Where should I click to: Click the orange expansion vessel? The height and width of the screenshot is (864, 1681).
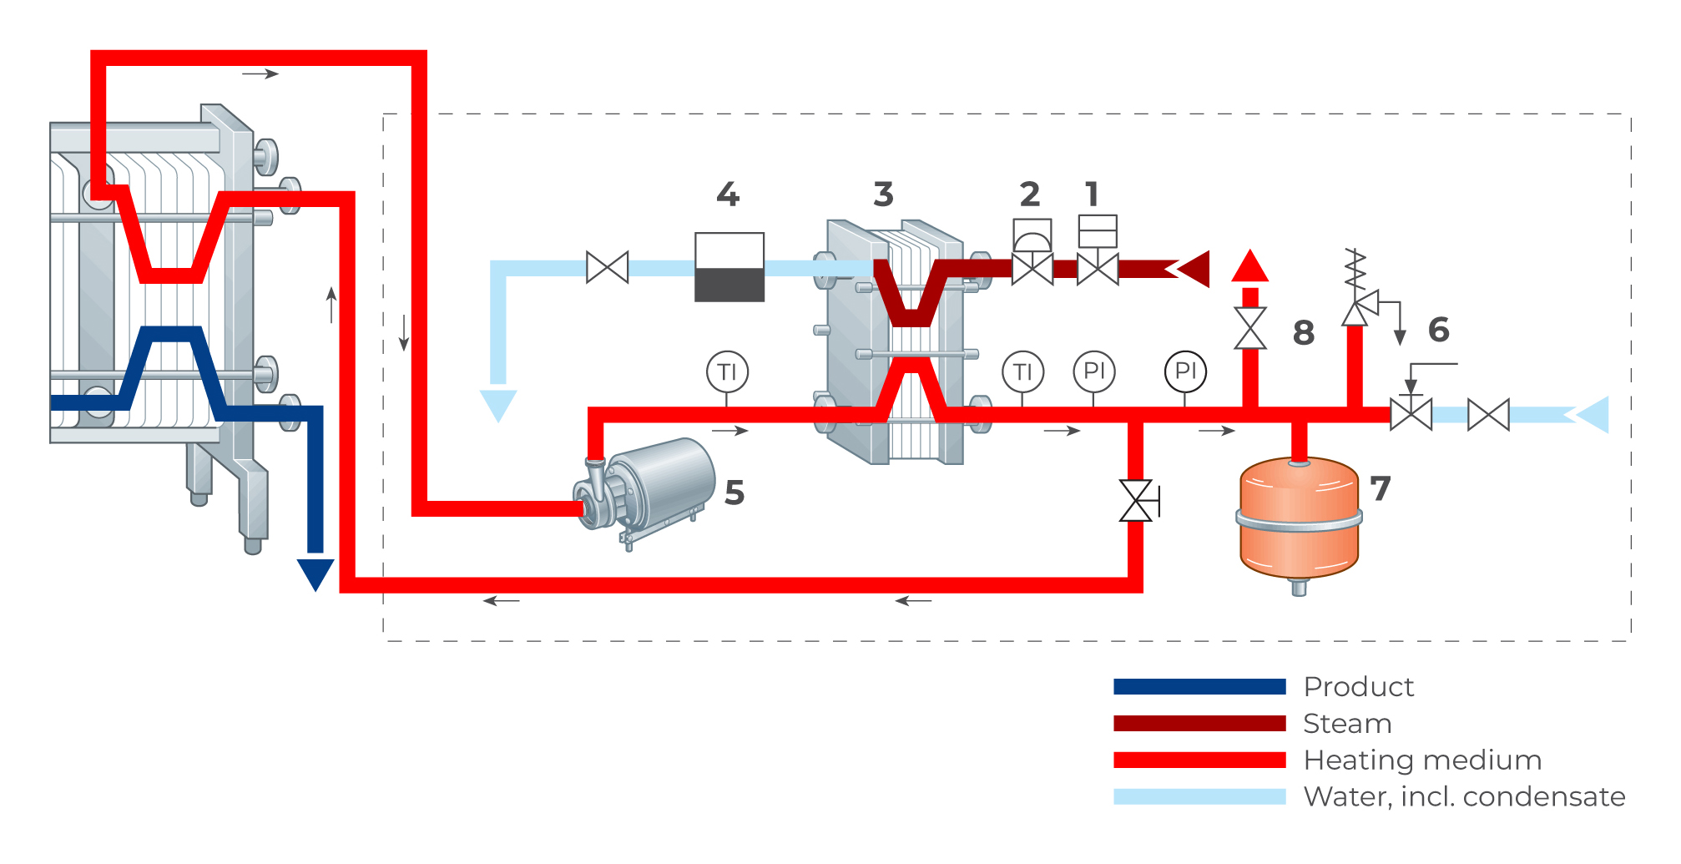1299,519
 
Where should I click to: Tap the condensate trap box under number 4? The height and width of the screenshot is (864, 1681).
729,267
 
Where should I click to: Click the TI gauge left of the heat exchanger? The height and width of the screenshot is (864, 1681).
727,371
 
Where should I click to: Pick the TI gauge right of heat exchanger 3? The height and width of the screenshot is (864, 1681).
1022,371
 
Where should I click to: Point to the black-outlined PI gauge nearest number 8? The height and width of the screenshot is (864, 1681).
1185,371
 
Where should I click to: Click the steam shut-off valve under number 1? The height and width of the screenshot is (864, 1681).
1098,269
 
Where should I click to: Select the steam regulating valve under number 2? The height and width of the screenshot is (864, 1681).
1032,269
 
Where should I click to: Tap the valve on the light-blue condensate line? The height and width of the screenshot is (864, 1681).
608,268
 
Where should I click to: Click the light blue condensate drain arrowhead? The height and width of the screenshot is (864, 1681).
498,404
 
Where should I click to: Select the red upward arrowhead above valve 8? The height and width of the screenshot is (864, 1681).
1249,266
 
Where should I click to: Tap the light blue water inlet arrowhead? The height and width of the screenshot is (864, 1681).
1592,415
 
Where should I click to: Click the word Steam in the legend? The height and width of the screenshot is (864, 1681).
1347,724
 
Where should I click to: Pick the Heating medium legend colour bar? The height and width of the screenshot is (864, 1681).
1199,760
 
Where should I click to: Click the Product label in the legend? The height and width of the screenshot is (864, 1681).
1359,687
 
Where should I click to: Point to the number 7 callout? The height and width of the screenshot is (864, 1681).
1381,488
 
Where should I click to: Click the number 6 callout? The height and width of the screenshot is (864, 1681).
1438,330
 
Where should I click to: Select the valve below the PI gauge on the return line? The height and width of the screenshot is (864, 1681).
1136,501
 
